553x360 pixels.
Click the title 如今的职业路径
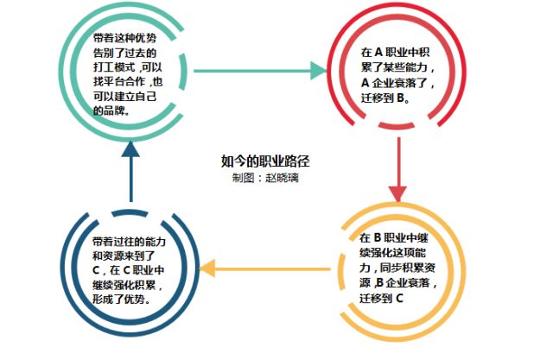coord(265,161)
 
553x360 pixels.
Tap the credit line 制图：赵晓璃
coord(264,177)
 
